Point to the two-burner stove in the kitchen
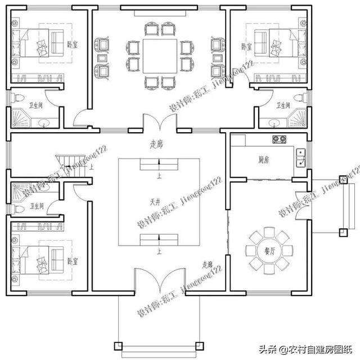click(x=278, y=139)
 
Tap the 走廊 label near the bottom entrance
click(x=207, y=264)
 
